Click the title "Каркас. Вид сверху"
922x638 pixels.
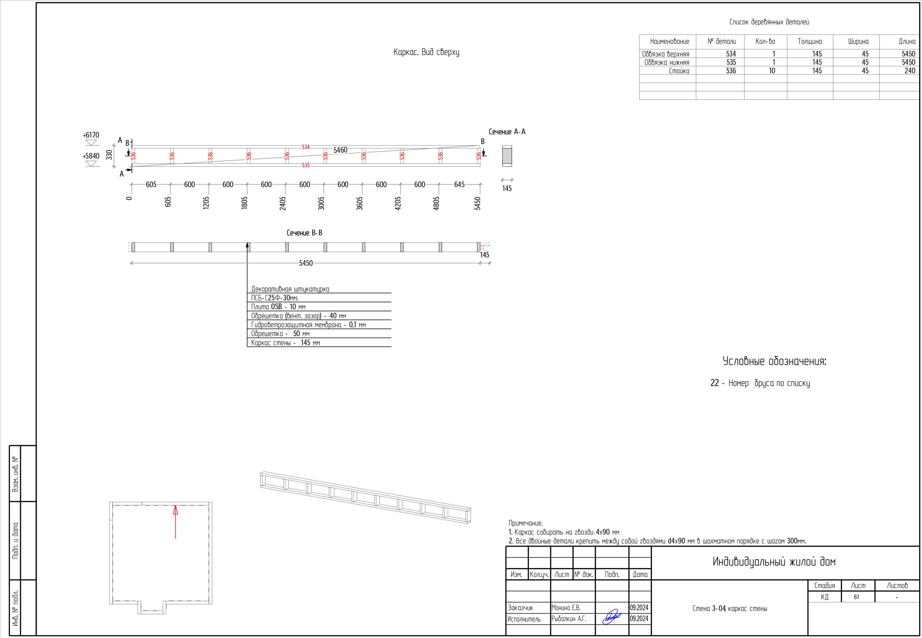(426, 52)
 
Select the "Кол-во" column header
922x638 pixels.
(765, 41)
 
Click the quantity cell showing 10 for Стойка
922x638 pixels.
(772, 71)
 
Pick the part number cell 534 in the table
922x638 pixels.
(731, 54)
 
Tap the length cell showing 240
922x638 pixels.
(910, 71)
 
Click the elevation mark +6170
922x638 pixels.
(91, 135)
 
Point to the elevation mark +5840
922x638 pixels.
(91, 156)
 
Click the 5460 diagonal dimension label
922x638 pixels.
(340, 150)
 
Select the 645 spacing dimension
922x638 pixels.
(460, 184)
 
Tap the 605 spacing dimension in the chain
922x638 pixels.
(151, 184)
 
